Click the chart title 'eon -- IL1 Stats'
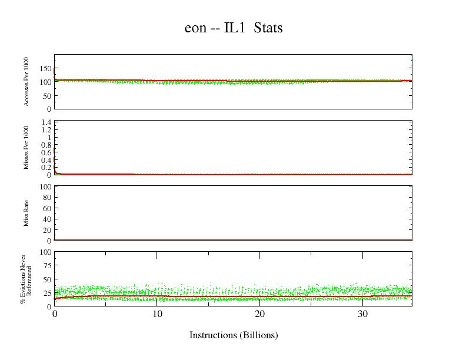coord(234,28)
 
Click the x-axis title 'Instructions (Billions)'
coord(234,335)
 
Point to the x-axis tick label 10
coord(157,314)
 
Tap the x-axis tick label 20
coord(260,314)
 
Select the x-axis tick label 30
coord(363,314)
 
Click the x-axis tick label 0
coord(55,314)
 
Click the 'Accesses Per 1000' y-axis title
coord(27,82)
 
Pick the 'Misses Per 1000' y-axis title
coord(27,148)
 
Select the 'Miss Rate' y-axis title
coord(27,213)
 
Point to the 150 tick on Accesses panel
coord(45,68)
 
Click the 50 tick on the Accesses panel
coord(46,95)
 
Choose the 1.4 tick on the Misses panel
coord(45,122)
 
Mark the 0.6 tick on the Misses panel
coord(45,152)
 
